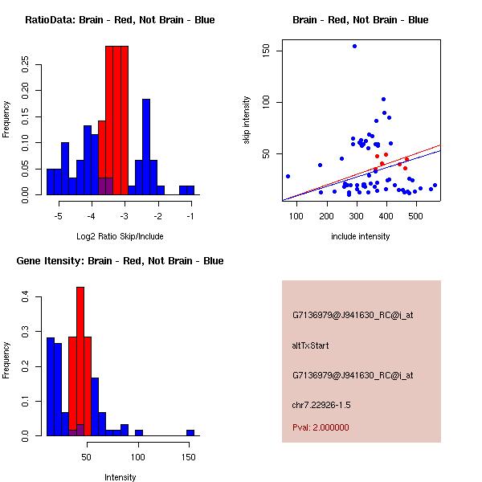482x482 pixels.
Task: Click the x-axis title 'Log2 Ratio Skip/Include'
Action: point(119,236)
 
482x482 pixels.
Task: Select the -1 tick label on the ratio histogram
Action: point(191,217)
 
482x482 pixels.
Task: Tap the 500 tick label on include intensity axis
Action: point(416,214)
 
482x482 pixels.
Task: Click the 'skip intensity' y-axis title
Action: point(247,120)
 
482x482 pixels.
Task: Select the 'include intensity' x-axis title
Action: point(361,236)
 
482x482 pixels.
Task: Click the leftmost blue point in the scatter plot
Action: point(288,176)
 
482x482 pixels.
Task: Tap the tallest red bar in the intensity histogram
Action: point(80,361)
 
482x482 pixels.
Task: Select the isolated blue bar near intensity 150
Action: point(190,432)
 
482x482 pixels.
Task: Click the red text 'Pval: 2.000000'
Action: point(321,427)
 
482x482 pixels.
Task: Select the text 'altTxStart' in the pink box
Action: point(311,345)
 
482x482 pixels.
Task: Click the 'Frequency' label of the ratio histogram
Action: point(7,117)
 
